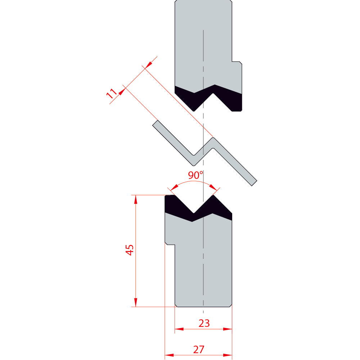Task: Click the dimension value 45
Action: click(130, 250)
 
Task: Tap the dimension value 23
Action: click(204, 323)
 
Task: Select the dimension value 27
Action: click(199, 350)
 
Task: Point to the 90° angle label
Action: click(195, 175)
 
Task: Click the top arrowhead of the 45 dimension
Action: click(136, 199)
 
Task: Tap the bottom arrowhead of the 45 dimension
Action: click(136, 302)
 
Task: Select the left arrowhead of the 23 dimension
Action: click(179, 329)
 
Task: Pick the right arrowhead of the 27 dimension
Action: click(228, 355)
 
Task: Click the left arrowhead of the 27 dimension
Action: click(169, 355)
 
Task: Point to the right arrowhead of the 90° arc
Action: click(213, 187)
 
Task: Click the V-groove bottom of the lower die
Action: click(194, 213)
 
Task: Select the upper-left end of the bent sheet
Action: click(155, 123)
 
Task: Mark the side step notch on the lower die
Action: click(170, 243)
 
